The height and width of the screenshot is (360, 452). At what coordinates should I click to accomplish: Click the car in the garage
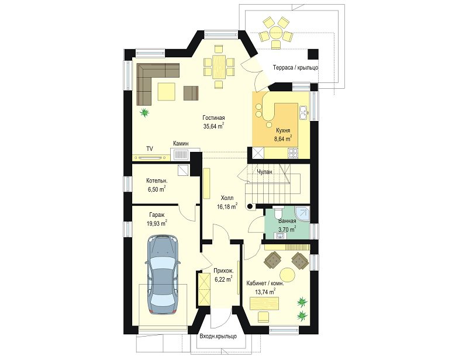(x=163, y=275)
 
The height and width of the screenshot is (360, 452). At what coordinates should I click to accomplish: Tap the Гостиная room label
(x=213, y=118)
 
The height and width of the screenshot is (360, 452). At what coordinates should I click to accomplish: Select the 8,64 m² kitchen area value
(x=283, y=139)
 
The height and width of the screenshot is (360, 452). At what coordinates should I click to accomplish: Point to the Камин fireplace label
(x=181, y=143)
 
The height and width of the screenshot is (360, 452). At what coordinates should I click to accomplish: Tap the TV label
(x=149, y=148)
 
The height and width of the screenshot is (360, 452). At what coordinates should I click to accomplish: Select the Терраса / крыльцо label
(x=295, y=68)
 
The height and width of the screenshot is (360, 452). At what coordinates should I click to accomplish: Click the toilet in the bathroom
(x=278, y=213)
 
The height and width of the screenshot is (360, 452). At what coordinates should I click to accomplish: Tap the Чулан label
(x=264, y=172)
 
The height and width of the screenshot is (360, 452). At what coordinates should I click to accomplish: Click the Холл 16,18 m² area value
(x=227, y=206)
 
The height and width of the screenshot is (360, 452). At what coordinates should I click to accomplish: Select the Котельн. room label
(x=157, y=181)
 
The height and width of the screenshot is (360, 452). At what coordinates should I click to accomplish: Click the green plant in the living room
(x=144, y=112)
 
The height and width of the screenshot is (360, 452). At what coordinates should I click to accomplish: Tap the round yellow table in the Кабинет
(x=288, y=275)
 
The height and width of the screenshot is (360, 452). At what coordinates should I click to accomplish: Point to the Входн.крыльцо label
(x=218, y=336)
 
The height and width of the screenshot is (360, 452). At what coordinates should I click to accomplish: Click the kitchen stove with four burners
(x=294, y=153)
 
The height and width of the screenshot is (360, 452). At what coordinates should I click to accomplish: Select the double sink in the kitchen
(x=303, y=112)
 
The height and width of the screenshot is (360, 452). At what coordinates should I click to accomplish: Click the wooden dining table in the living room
(x=219, y=67)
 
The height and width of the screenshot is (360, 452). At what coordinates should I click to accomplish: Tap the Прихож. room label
(x=223, y=271)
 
